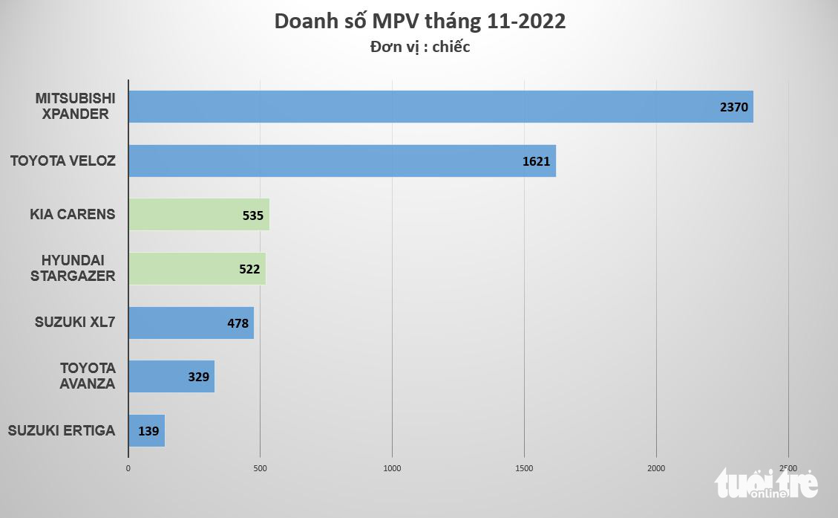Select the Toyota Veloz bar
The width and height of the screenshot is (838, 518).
[x=341, y=161]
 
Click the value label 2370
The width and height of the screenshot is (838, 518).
[x=735, y=107]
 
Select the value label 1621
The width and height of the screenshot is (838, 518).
[x=536, y=161]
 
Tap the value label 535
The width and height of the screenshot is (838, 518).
[x=253, y=216]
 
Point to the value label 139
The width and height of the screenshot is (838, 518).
[x=148, y=431]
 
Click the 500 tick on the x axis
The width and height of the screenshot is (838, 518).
[x=260, y=468]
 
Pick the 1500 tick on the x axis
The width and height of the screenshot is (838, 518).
[x=524, y=468]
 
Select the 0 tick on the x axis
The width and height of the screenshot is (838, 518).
[x=128, y=468]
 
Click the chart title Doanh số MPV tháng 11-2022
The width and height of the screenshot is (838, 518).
[x=419, y=22]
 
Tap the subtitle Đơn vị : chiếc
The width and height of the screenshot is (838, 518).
[x=419, y=47]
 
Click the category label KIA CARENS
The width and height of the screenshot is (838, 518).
[x=73, y=214]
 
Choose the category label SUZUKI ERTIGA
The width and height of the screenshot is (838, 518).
[x=62, y=430]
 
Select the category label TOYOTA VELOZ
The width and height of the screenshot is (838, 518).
[x=63, y=160]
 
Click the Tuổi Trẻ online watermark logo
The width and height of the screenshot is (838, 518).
[x=766, y=485]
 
